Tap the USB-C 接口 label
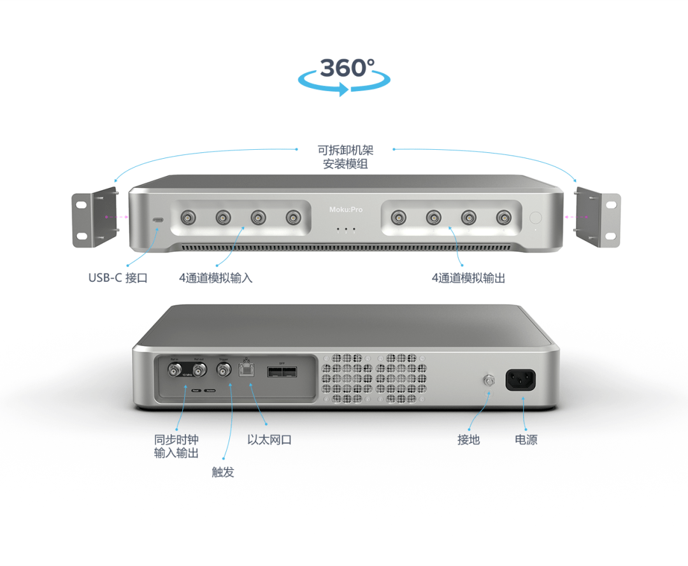point(118,278)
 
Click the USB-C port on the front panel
point(157,220)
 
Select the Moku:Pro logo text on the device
point(345,209)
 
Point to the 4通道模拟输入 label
point(215,278)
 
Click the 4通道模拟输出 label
point(468,278)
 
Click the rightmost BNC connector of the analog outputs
point(503,218)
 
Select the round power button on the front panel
point(536,217)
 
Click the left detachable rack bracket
point(95,219)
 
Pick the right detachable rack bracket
point(598,219)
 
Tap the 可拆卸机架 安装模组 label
point(345,157)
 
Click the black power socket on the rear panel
point(520,381)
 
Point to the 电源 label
point(526,440)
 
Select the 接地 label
point(468,440)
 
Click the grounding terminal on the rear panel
point(489,381)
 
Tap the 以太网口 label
point(269,440)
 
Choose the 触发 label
point(223,472)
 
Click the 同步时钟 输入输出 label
point(176,446)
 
